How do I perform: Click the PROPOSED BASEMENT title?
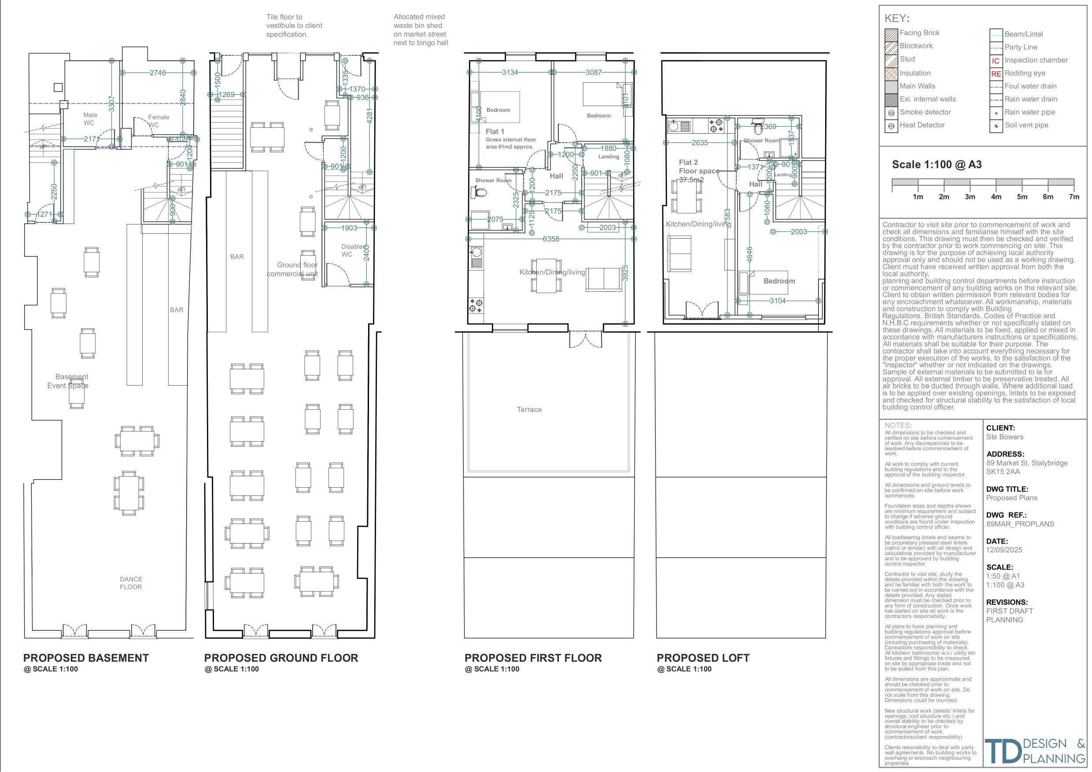[86, 658]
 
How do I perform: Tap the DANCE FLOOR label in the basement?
[131, 583]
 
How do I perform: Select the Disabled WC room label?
[353, 250]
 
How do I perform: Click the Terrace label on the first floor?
[529, 409]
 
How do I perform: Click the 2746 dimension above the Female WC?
[158, 73]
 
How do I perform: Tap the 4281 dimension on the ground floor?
[369, 117]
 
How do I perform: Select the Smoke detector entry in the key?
[925, 112]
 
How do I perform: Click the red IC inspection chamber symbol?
[996, 61]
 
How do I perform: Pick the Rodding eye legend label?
[1025, 73]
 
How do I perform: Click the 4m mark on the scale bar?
[996, 196]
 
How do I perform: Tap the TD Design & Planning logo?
[1034, 750]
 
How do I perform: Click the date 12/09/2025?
[1004, 550]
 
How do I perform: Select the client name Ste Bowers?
[1004, 437]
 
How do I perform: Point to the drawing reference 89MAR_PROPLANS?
[1020, 524]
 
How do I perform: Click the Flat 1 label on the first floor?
[494, 132]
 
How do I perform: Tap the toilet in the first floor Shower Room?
[480, 192]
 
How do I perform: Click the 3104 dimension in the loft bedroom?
[778, 301]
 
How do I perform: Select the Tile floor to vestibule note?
[294, 26]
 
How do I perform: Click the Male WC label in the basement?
[89, 119]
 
